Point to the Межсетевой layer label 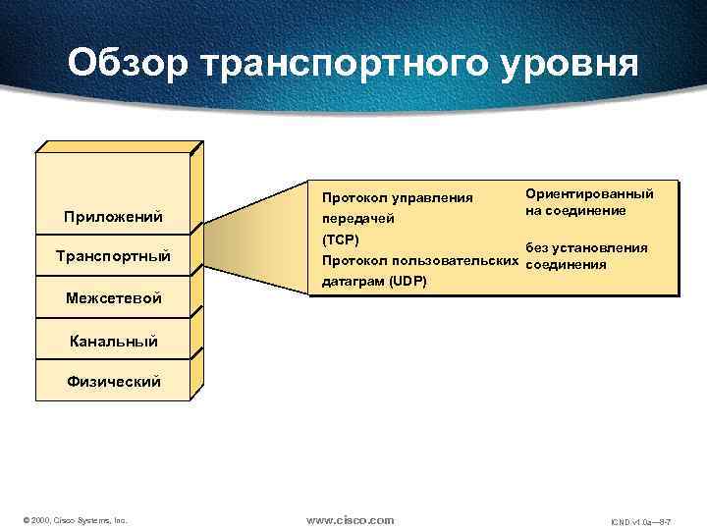[114, 297]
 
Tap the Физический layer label [114, 381]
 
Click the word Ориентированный [588, 194]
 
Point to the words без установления [587, 249]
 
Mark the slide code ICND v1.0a [628, 520]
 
